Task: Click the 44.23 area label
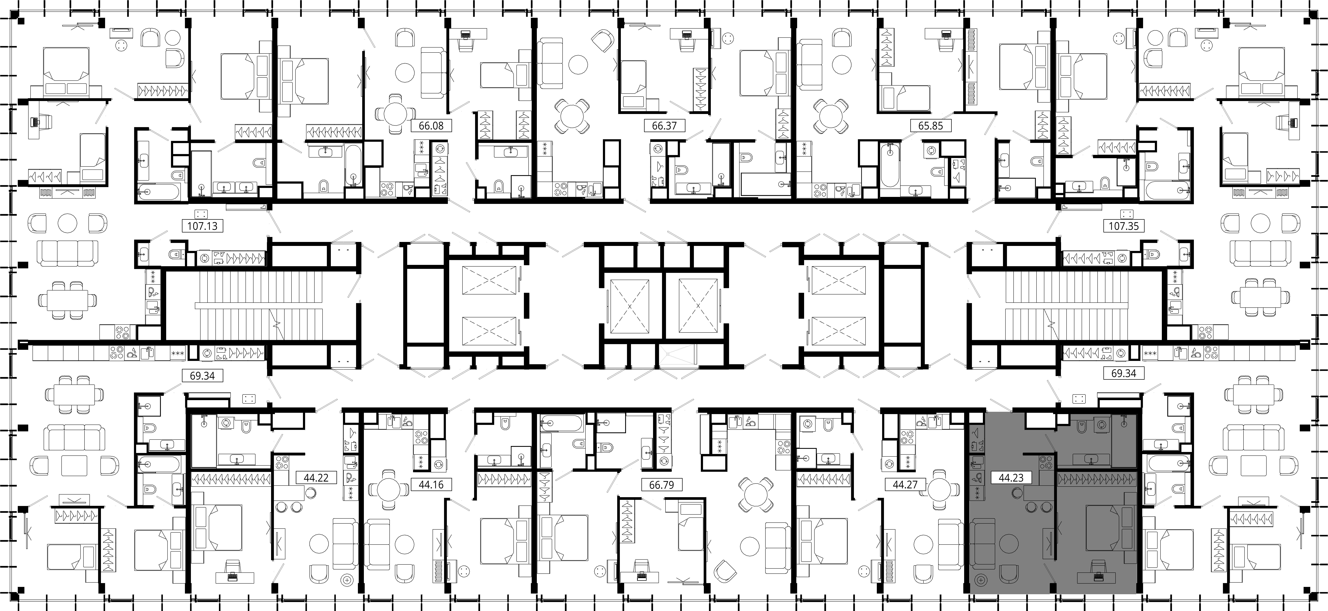tap(1011, 478)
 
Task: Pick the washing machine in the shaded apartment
tap(1102, 425)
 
